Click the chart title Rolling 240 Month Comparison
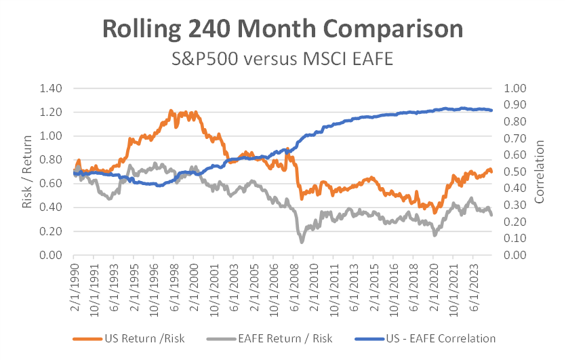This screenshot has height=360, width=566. pos(283,30)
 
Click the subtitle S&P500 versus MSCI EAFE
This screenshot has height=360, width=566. pos(283,59)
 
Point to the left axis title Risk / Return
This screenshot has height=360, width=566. pos(28,172)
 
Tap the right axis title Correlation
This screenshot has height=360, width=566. pos(540,172)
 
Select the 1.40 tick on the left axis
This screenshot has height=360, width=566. pos(52,88)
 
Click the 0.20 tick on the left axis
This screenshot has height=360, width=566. pos(52,231)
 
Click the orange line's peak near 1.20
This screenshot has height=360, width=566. pos(171,110)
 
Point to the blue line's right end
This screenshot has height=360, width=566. pos(492,110)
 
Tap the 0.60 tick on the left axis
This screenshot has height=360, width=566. pos(52,184)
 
